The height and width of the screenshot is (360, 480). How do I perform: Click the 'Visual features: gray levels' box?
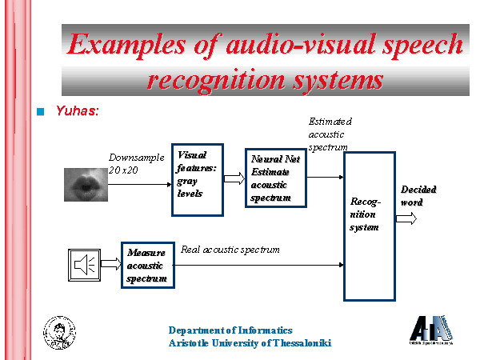(x=196, y=180)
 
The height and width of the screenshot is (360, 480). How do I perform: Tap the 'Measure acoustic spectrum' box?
(x=147, y=266)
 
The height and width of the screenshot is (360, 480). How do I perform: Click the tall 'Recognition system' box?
(x=370, y=225)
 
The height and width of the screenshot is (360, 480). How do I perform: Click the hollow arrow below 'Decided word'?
(x=406, y=219)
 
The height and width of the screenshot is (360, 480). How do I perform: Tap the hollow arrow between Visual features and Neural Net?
(x=234, y=178)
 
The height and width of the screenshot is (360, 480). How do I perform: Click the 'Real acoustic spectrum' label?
(x=230, y=250)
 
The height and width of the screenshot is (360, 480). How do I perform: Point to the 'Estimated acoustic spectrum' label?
(x=330, y=134)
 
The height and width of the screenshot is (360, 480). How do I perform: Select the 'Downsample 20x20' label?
(x=129, y=164)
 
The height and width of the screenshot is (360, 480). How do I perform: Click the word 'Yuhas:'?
(x=78, y=110)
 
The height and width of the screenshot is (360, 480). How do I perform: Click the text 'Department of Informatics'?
(x=230, y=330)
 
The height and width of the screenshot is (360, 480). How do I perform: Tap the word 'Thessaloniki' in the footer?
(x=298, y=343)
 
